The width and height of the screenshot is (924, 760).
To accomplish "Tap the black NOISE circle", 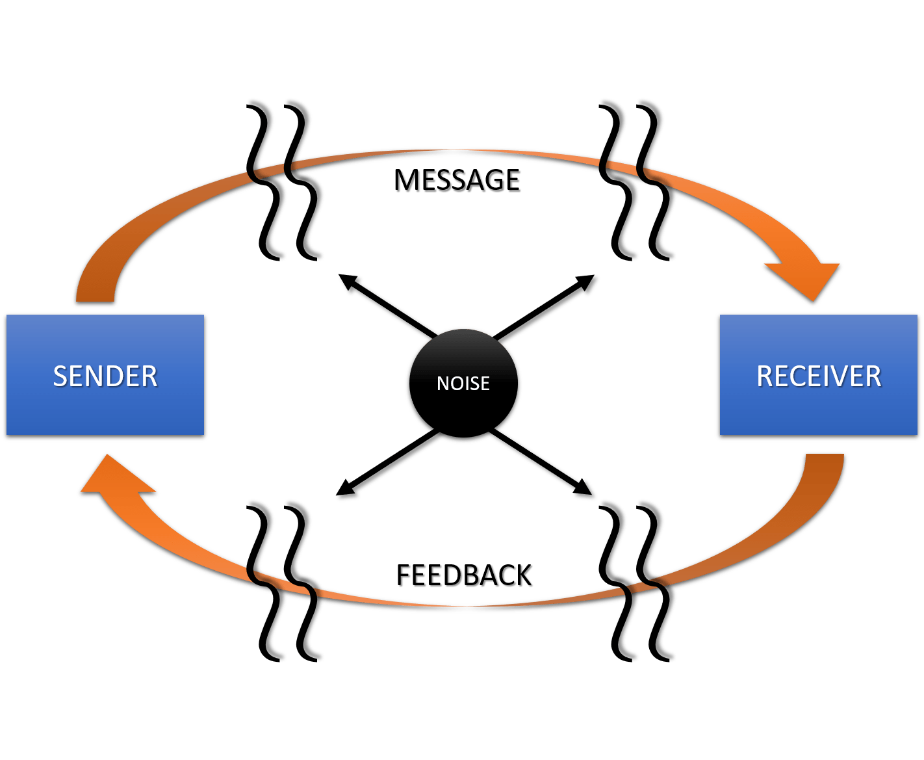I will point(463,385).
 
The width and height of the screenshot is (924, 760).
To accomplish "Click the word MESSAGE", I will point(458,181).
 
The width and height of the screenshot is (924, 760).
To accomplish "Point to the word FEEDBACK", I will point(465,577).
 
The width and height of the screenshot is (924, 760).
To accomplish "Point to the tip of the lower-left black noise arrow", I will point(343,495).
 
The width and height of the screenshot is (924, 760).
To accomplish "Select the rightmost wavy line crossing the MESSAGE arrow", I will point(656,179).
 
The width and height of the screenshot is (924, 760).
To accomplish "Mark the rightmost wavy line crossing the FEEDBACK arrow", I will point(656,579).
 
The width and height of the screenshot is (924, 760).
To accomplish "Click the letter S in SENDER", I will point(60,376).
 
